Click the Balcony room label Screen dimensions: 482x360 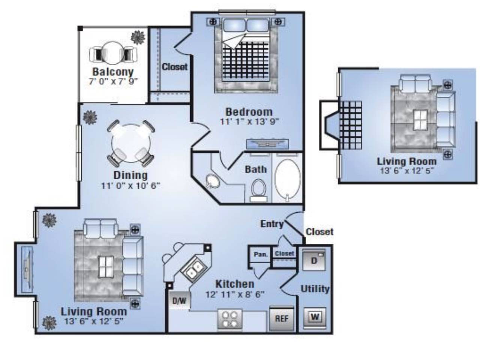[x=113, y=72]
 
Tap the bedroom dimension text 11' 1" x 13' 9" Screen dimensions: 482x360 [x=249, y=121]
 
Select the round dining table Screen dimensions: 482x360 [x=131, y=143]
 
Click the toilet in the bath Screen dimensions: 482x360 [x=259, y=190]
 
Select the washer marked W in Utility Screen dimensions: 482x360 [x=315, y=317]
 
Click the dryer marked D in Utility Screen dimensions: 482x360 [x=314, y=260]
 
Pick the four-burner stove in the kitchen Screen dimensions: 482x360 [x=230, y=320]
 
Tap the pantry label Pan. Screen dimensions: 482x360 [x=261, y=254]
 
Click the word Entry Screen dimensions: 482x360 [x=272, y=224]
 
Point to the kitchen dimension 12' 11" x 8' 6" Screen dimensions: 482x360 [x=235, y=294]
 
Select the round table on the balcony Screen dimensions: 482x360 [x=113, y=52]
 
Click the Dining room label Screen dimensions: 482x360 [x=131, y=175]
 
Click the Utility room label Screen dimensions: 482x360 [x=315, y=289]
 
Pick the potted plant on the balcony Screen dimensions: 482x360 [x=138, y=37]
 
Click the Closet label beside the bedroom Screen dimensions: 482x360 [x=174, y=67]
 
